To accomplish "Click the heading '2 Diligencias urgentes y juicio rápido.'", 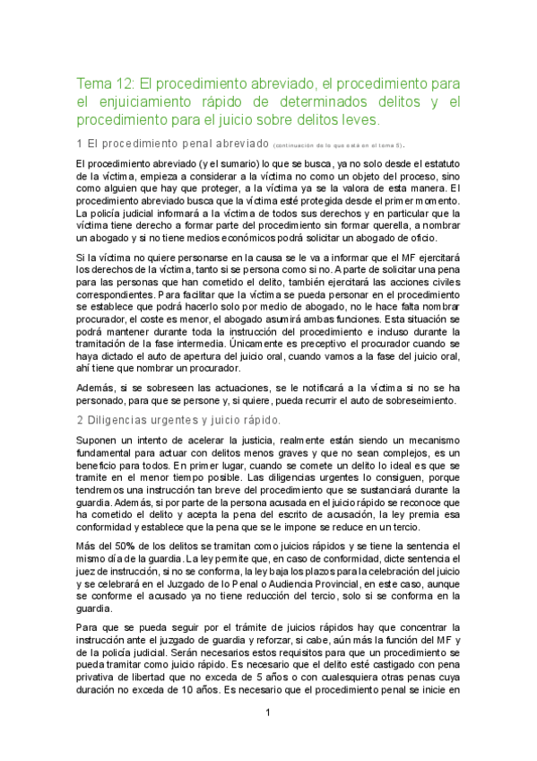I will pyautogui.click(x=179, y=420).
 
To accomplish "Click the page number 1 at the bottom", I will pyautogui.click(x=268, y=738).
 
